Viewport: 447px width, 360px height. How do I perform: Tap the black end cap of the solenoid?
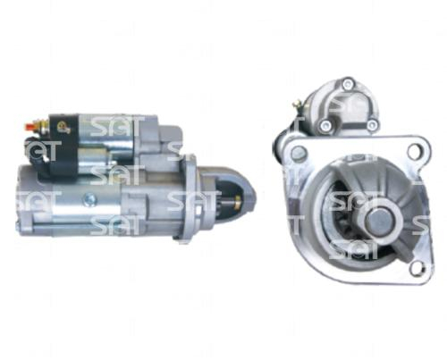pos(63,147)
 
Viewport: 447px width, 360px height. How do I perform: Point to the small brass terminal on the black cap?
pos(63,126)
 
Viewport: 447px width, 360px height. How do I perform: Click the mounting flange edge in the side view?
pos(188,197)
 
